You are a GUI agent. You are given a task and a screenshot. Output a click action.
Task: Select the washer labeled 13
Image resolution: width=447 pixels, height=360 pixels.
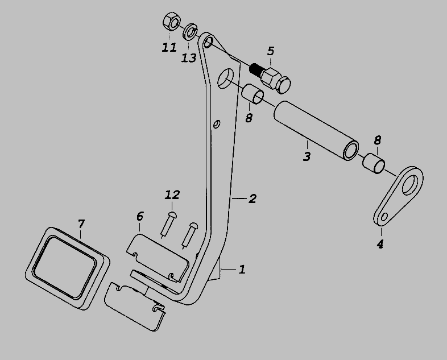190,30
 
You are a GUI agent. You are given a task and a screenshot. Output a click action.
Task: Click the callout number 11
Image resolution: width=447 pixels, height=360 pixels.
169,47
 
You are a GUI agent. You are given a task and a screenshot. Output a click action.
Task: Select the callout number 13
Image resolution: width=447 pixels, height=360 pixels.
189,57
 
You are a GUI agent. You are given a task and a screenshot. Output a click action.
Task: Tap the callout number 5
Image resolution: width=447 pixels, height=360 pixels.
271,52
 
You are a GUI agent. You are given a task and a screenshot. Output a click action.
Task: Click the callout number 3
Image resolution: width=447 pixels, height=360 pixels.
307,156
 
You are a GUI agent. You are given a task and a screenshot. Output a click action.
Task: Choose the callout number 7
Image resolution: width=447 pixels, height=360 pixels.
81,224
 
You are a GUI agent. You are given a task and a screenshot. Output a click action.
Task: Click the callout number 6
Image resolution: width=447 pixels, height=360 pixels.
140,216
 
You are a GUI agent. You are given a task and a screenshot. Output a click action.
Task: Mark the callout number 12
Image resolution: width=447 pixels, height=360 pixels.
172,195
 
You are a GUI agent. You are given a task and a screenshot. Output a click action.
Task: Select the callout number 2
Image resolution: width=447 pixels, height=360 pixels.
252,198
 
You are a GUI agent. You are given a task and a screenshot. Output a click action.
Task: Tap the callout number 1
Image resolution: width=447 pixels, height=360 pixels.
242,269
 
